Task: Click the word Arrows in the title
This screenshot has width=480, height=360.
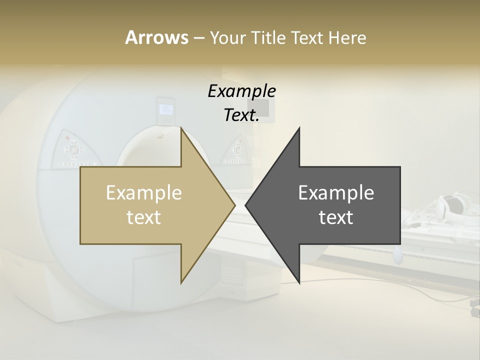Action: click(x=156, y=37)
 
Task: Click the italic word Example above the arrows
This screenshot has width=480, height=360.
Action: click(x=242, y=91)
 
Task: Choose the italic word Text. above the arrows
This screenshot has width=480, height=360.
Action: click(x=242, y=115)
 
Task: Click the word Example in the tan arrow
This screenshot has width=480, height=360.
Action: click(x=144, y=192)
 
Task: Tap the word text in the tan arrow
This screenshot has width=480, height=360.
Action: click(x=144, y=217)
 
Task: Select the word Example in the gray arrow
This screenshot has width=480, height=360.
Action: click(x=336, y=192)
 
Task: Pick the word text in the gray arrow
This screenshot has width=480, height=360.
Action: click(x=336, y=217)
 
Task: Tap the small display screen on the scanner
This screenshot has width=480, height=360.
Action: click(x=165, y=108)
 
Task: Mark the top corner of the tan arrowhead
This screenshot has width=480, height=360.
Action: click(x=182, y=128)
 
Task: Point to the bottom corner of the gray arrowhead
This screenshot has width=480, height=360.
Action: click(x=299, y=283)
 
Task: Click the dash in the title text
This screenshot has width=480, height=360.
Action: click(x=198, y=38)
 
